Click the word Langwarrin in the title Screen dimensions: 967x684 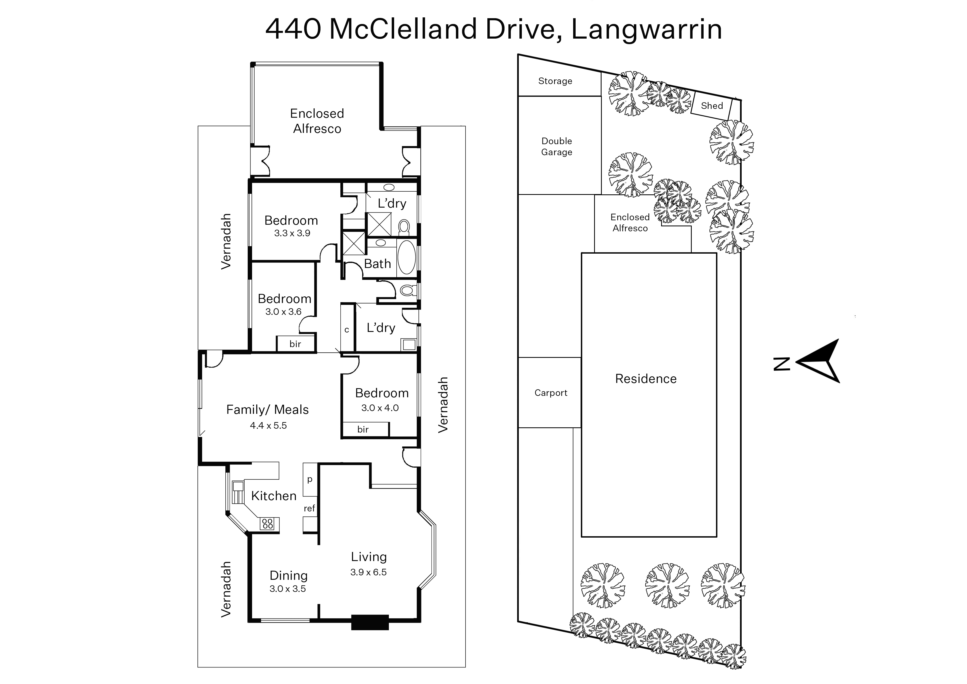pyautogui.click(x=646, y=29)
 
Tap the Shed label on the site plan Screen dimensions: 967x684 pyautogui.click(x=712, y=106)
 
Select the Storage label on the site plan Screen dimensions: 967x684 pyautogui.click(x=555, y=81)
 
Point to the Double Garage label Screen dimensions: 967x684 pyautogui.click(x=557, y=147)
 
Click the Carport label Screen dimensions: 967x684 pyautogui.click(x=551, y=393)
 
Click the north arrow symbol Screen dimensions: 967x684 pyautogui.click(x=818, y=361)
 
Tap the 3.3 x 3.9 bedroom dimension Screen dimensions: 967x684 pyautogui.click(x=292, y=233)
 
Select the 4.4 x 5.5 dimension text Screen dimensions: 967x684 pyautogui.click(x=268, y=425)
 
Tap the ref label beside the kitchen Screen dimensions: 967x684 pyautogui.click(x=309, y=508)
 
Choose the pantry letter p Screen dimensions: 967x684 pyautogui.click(x=310, y=480)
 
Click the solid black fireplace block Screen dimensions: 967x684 pyautogui.click(x=370, y=623)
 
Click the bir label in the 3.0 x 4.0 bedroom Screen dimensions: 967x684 pyautogui.click(x=363, y=430)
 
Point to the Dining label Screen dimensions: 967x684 pyautogui.click(x=288, y=575)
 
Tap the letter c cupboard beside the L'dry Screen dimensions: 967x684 pyautogui.click(x=347, y=330)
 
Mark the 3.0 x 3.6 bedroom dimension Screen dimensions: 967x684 pyautogui.click(x=283, y=312)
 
